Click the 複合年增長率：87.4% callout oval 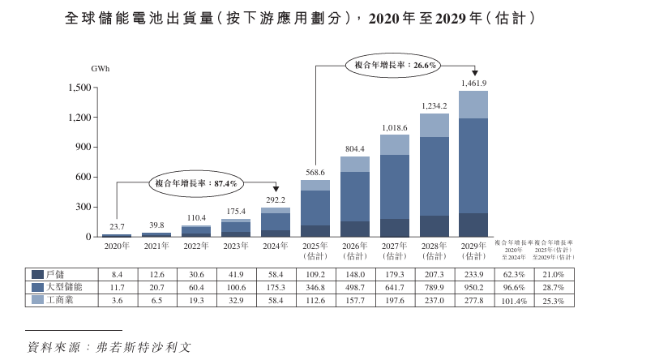(196, 184)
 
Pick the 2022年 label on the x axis (195, 246)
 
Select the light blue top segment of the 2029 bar (473, 105)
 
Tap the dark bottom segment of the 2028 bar (434, 226)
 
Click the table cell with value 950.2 (473, 288)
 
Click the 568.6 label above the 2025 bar (315, 173)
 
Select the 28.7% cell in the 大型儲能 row (554, 288)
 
